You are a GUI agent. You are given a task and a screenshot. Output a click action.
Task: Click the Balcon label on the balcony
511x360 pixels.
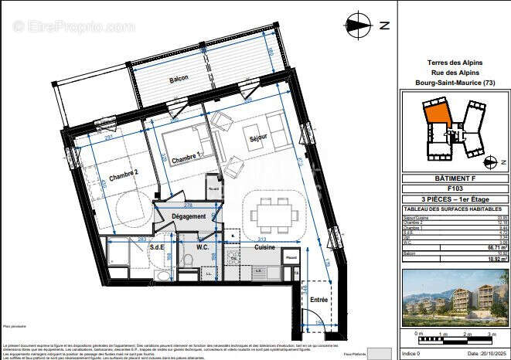[179, 80]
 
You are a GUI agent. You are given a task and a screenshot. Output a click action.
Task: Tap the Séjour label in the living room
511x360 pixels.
[257, 139]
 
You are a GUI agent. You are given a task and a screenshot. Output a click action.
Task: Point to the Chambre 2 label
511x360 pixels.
[122, 174]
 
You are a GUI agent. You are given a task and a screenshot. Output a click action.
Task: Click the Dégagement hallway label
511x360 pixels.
[189, 216]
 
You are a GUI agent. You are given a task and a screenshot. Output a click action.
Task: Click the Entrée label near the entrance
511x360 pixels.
[317, 298]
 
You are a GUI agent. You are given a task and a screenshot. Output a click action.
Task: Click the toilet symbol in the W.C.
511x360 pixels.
[187, 260]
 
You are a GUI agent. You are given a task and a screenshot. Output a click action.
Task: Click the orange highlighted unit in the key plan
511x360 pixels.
[438, 116]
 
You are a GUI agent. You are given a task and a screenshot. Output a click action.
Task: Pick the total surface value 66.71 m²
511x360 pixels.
[487, 248]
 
